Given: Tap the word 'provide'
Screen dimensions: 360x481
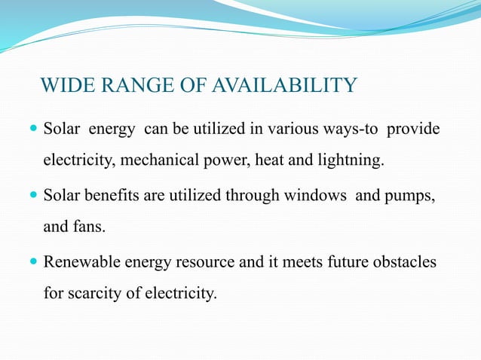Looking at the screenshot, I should pyautogui.click(x=414, y=130).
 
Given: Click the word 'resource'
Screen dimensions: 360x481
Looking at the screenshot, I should pyautogui.click(x=193, y=263).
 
